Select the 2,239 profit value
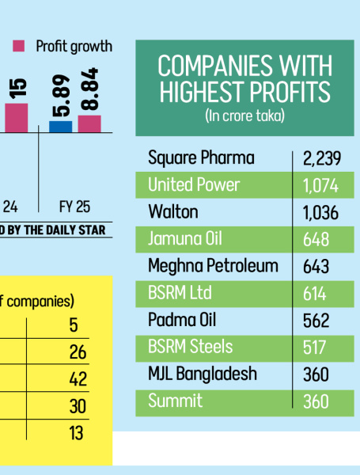[x=321, y=158]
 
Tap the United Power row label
[x=194, y=185]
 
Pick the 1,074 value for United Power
[x=320, y=185]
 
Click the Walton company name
[x=173, y=212]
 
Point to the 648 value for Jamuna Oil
[x=316, y=239]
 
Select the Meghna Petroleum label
[x=213, y=266]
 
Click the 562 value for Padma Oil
[x=316, y=320]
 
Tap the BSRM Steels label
[x=191, y=347]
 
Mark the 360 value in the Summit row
[x=316, y=401]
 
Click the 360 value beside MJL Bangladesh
[x=316, y=374]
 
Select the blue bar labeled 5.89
[x=60, y=126]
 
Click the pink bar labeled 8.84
[x=89, y=123]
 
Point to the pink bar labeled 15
[x=17, y=117]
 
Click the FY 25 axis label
[x=74, y=207]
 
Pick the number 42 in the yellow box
[x=78, y=379]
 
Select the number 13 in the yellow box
[x=78, y=433]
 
